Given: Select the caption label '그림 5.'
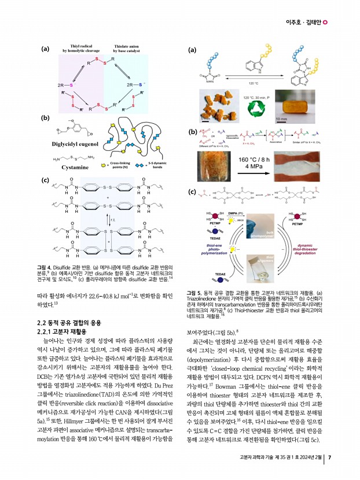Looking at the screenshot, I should pyautogui.click(x=196, y=293).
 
